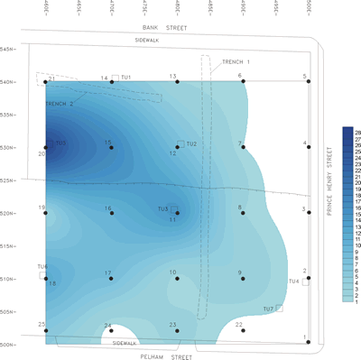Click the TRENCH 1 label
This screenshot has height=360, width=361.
coord(236,61)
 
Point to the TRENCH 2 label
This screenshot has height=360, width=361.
coord(60,104)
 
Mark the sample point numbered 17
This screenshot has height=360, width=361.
coord(112,279)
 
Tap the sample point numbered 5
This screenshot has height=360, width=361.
coord(308,82)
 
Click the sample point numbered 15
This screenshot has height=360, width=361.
coord(112,147)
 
